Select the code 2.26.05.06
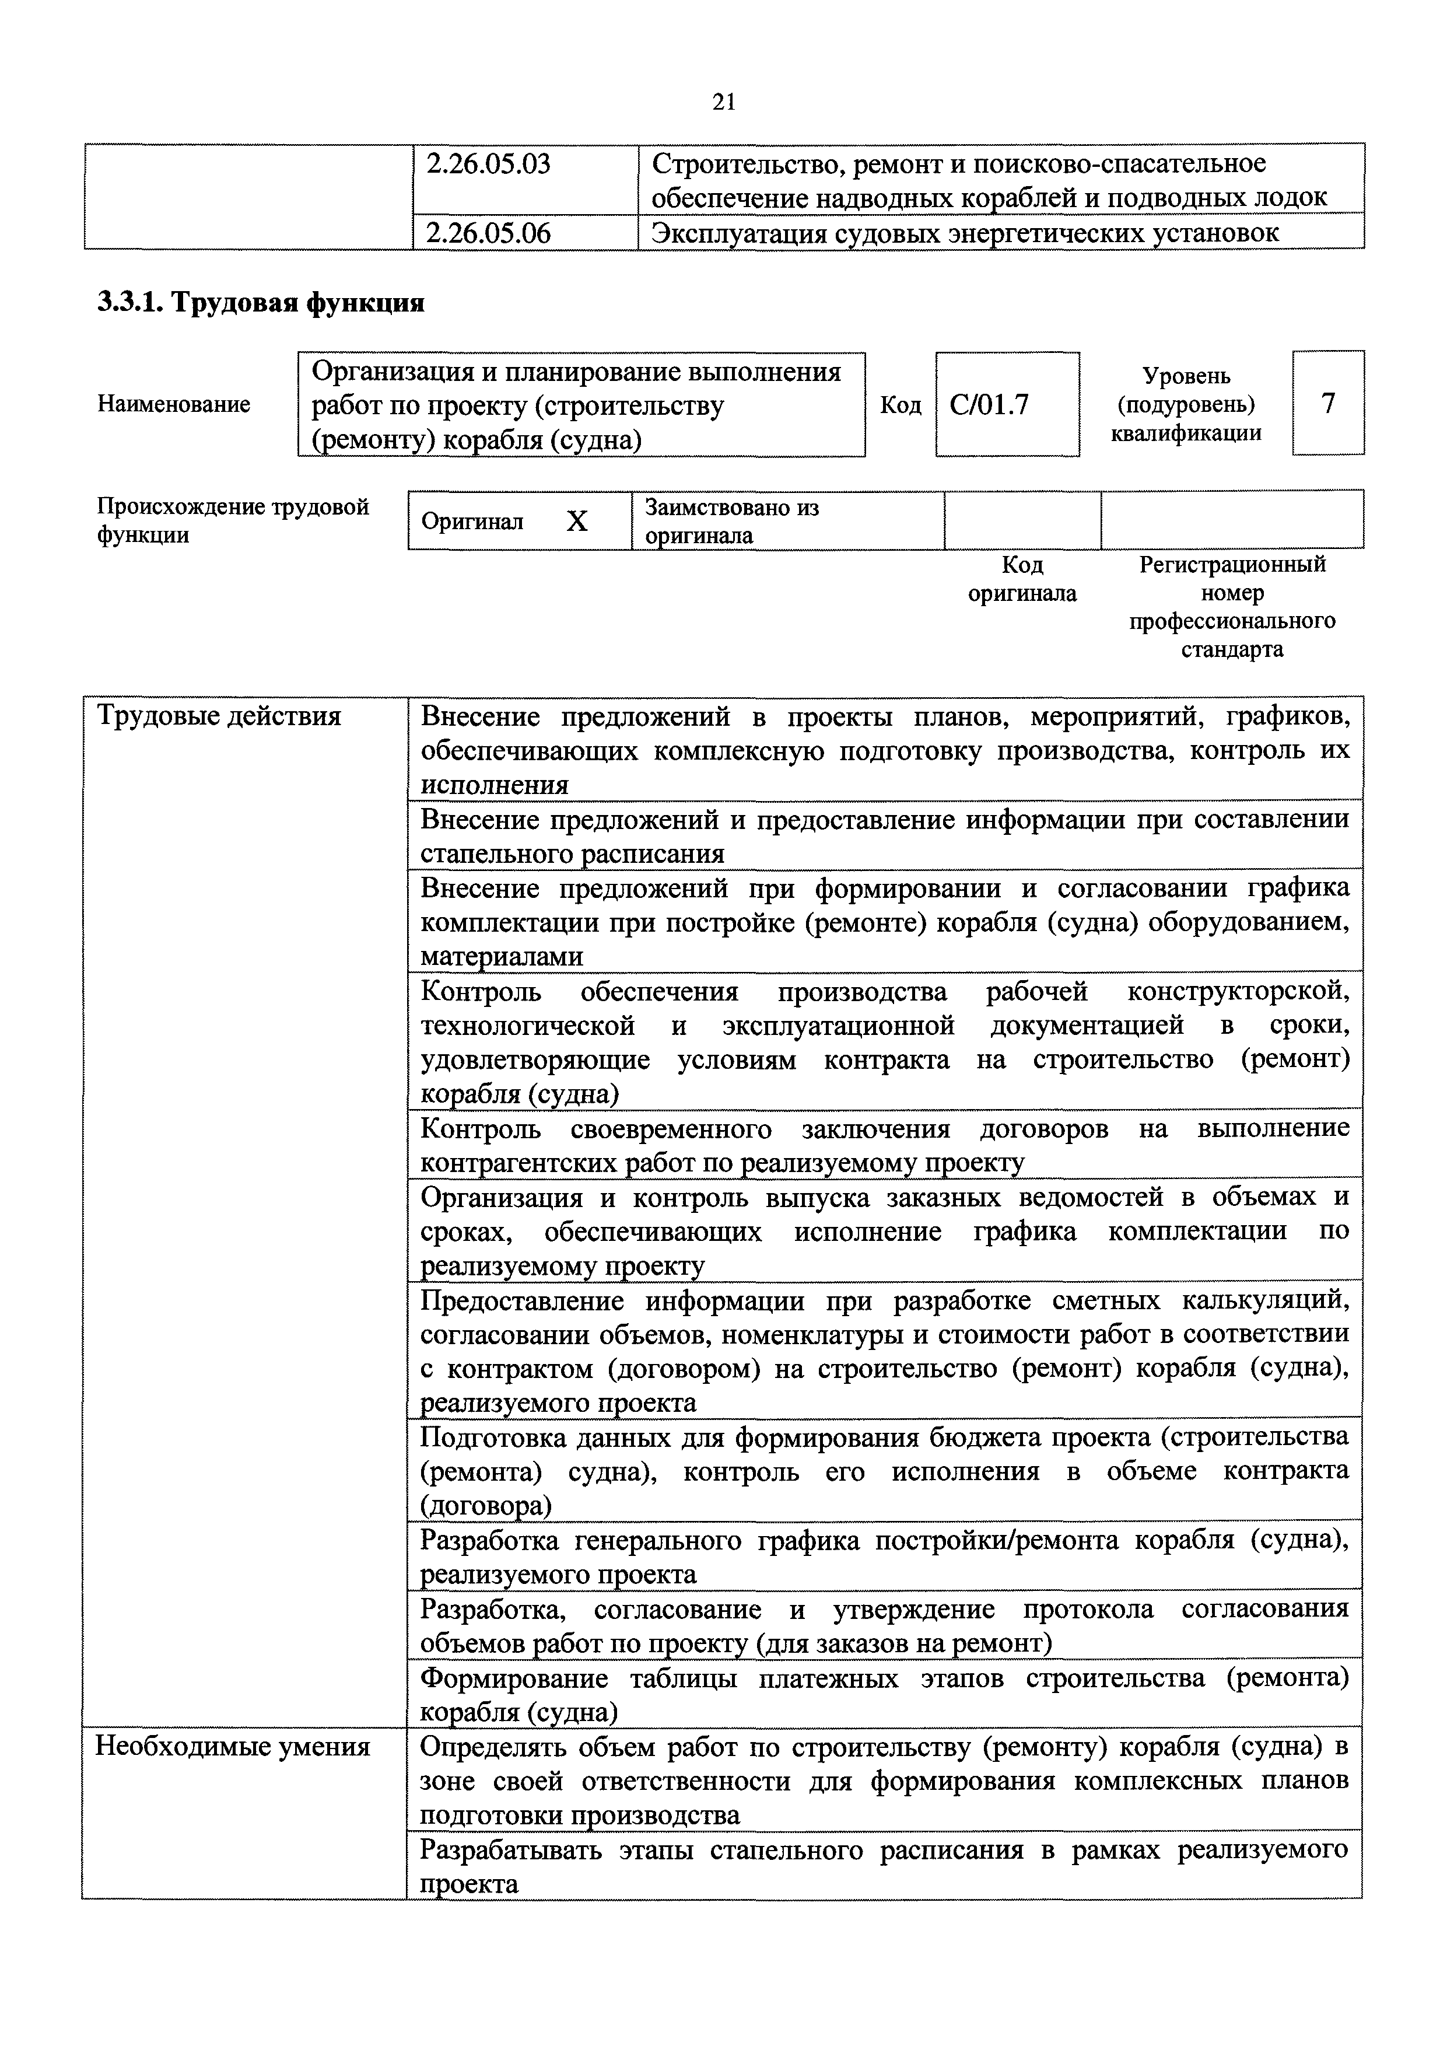click(488, 233)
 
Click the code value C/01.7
click(989, 405)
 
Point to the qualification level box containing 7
click(1327, 404)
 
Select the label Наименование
click(174, 404)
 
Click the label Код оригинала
click(1022, 579)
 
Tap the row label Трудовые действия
click(218, 716)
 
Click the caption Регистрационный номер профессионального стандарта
click(1232, 607)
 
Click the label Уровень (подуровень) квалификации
click(1186, 404)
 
